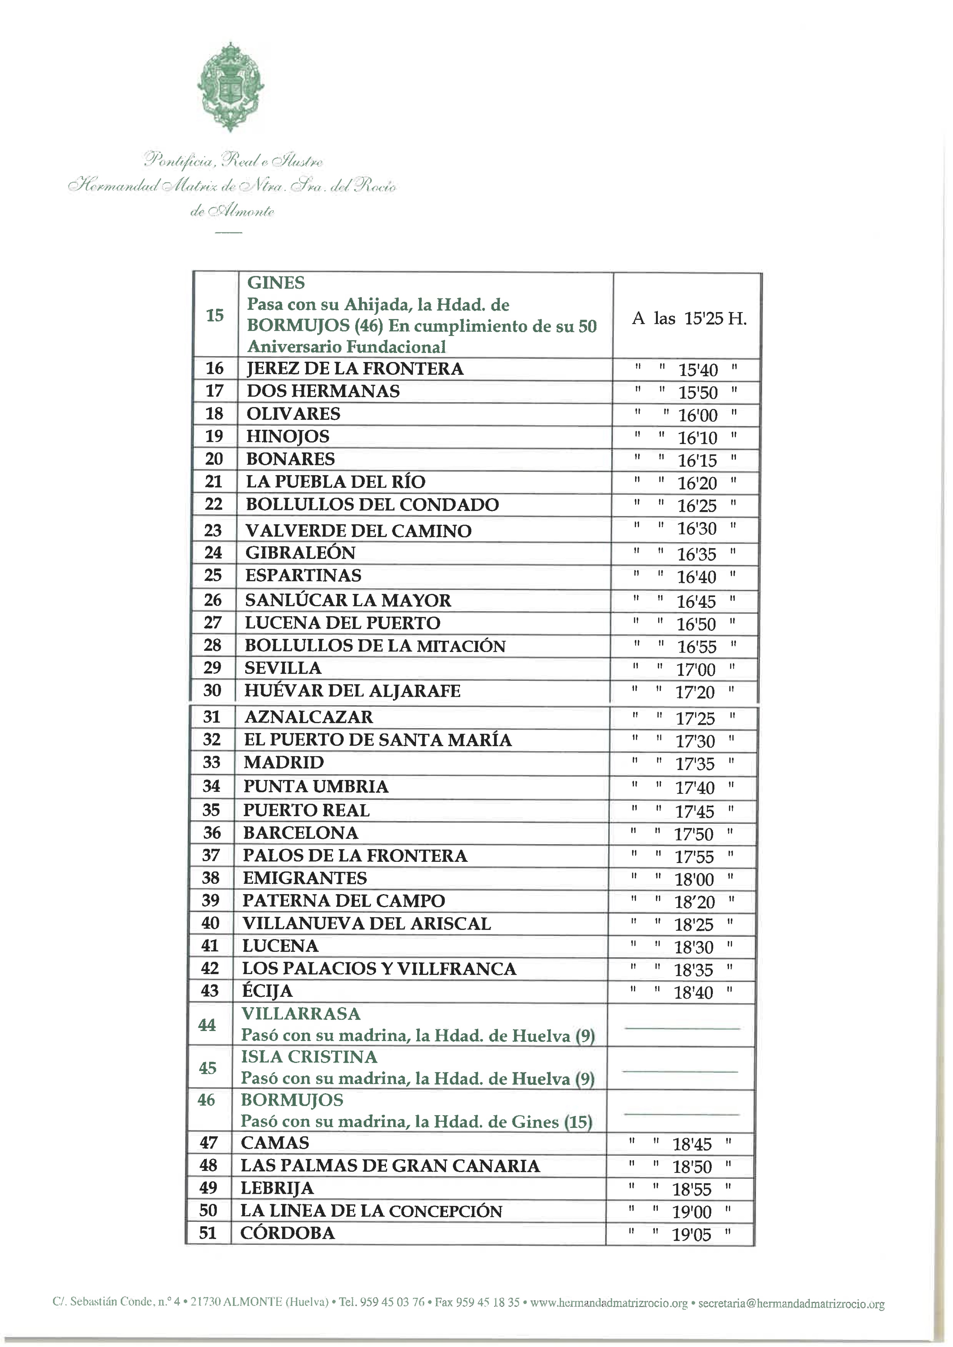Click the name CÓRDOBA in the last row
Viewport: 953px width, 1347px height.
pos(288,1233)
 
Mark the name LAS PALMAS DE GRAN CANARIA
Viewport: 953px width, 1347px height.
pos(390,1166)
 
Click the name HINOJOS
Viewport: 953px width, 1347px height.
pos(288,436)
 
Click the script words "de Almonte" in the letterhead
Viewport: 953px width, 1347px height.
pos(232,212)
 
